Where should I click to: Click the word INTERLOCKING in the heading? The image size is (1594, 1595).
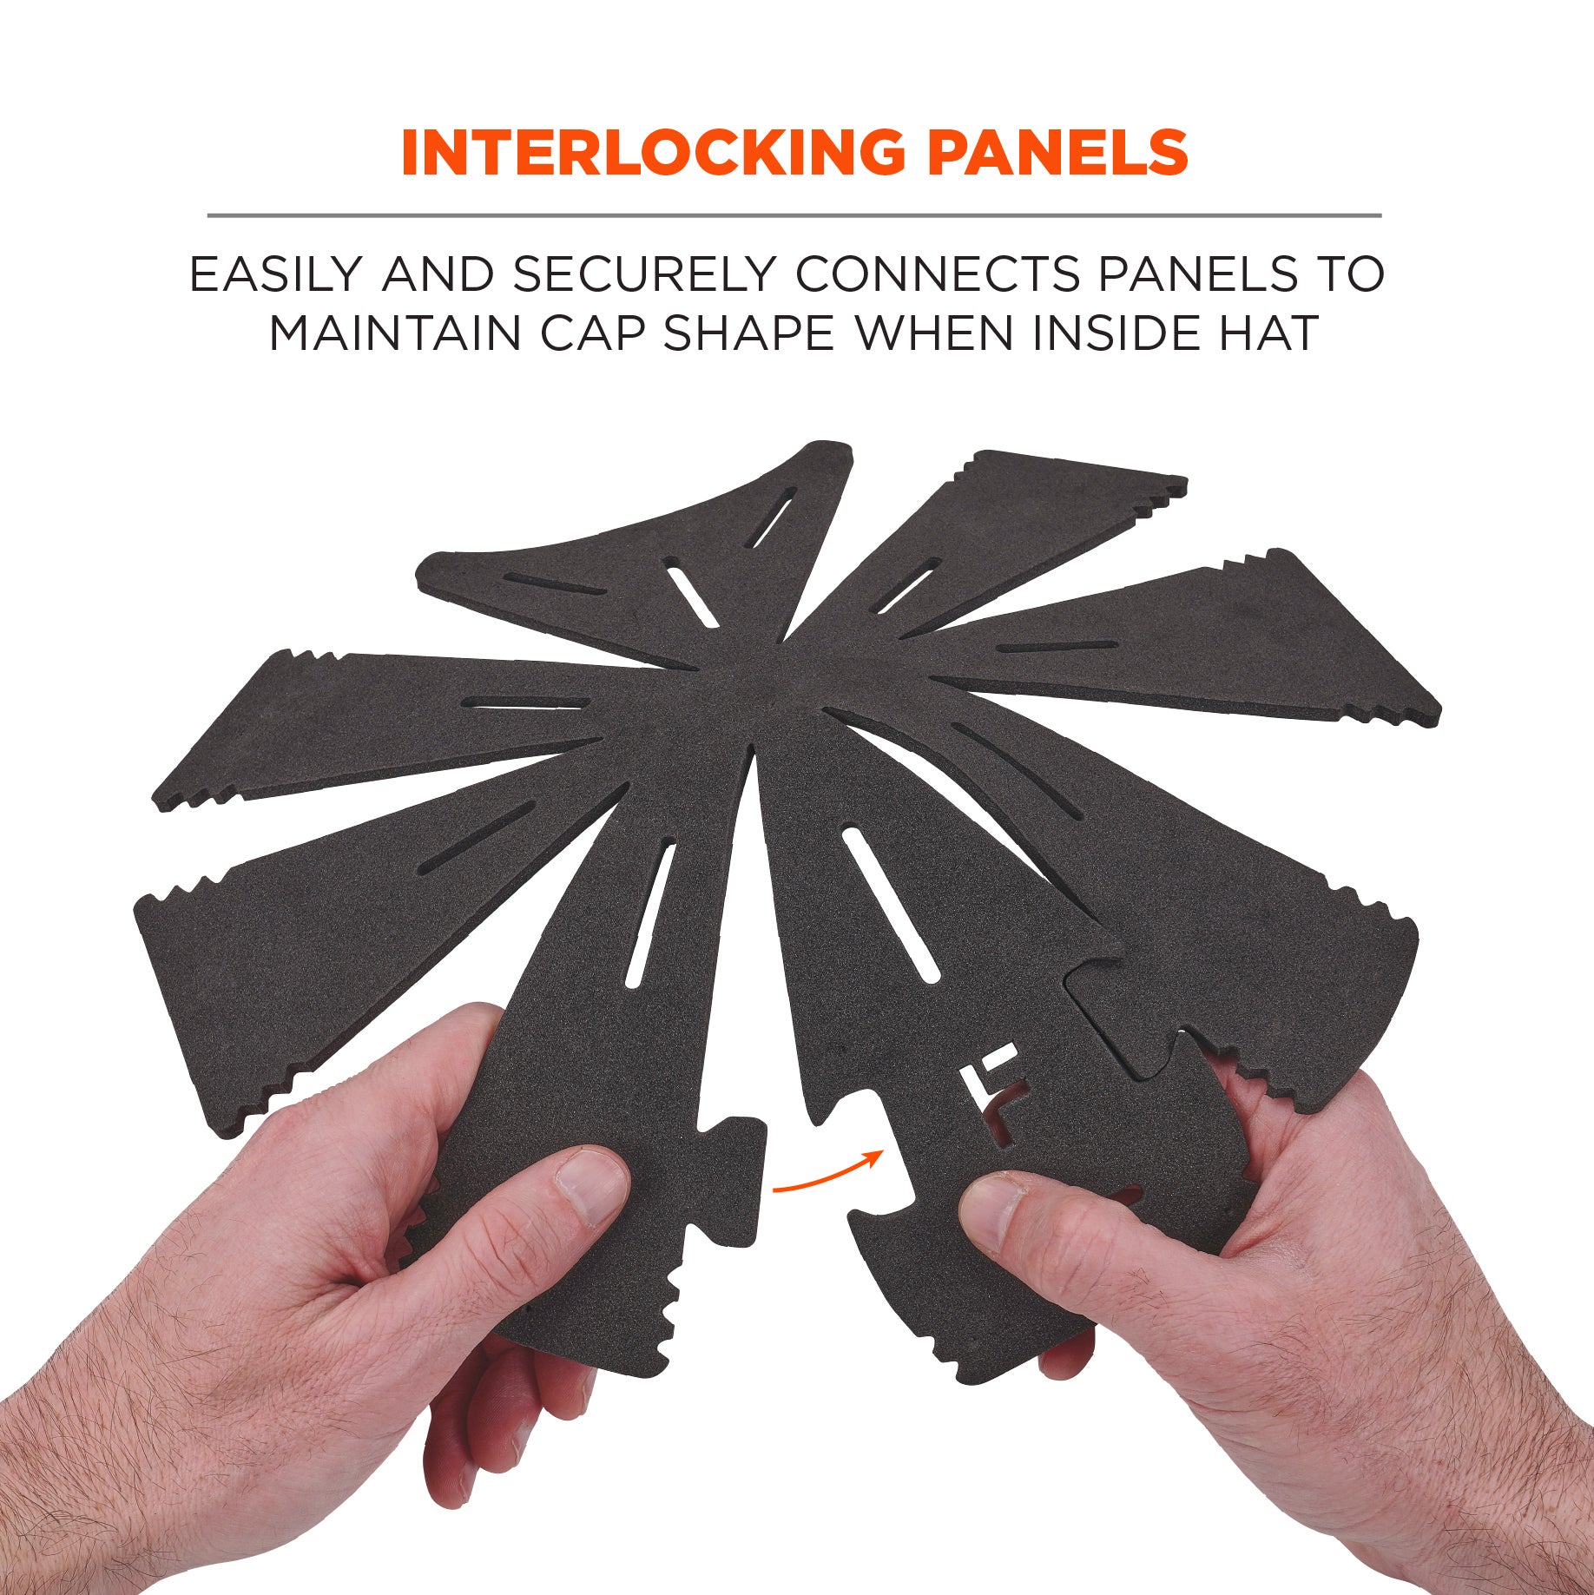(652, 152)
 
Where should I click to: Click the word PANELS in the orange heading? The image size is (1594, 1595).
(1057, 152)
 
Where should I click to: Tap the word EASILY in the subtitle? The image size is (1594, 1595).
(274, 274)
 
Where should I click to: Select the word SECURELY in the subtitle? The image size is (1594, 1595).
(643, 274)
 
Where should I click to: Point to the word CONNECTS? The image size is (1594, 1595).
(937, 274)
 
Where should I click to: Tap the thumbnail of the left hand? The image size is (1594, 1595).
(592, 1183)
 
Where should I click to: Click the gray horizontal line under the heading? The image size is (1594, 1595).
(794, 214)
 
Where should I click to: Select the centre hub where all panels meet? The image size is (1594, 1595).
(764, 686)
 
